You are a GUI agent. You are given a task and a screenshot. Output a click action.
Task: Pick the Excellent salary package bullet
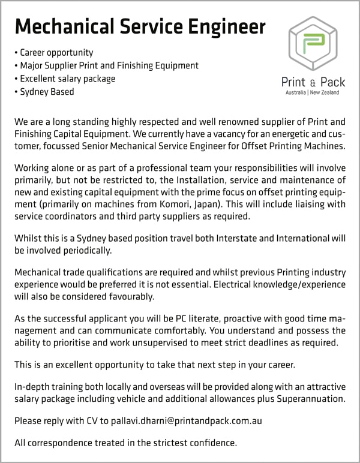click(x=67, y=79)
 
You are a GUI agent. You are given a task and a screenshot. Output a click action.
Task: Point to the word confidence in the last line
click(x=212, y=444)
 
